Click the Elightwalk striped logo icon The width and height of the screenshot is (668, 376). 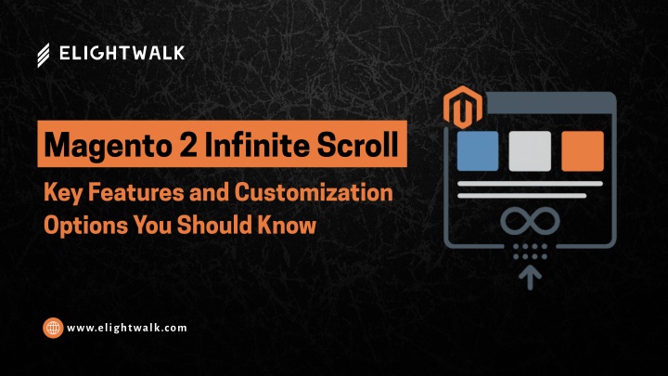pyautogui.click(x=44, y=55)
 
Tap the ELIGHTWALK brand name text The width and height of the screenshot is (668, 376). pyautogui.click(x=122, y=53)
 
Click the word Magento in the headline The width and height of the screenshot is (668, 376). pyautogui.click(x=109, y=146)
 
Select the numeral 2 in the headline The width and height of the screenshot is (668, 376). pyautogui.click(x=188, y=144)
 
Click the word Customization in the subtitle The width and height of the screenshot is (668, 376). pyautogui.click(x=314, y=192)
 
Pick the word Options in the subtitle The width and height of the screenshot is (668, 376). pyautogui.click(x=85, y=226)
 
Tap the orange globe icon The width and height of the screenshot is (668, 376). pyautogui.click(x=53, y=328)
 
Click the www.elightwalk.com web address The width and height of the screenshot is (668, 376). pyautogui.click(x=127, y=328)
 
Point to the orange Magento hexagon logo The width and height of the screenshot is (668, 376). pyautogui.click(x=463, y=107)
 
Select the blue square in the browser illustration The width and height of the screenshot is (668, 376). pyautogui.click(x=478, y=151)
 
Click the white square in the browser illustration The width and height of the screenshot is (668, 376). pyautogui.click(x=530, y=151)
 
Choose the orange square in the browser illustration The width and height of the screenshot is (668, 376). pyautogui.click(x=583, y=151)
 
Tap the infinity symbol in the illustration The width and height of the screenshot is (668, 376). pyautogui.click(x=530, y=221)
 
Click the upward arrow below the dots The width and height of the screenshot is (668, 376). pyautogui.click(x=530, y=277)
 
